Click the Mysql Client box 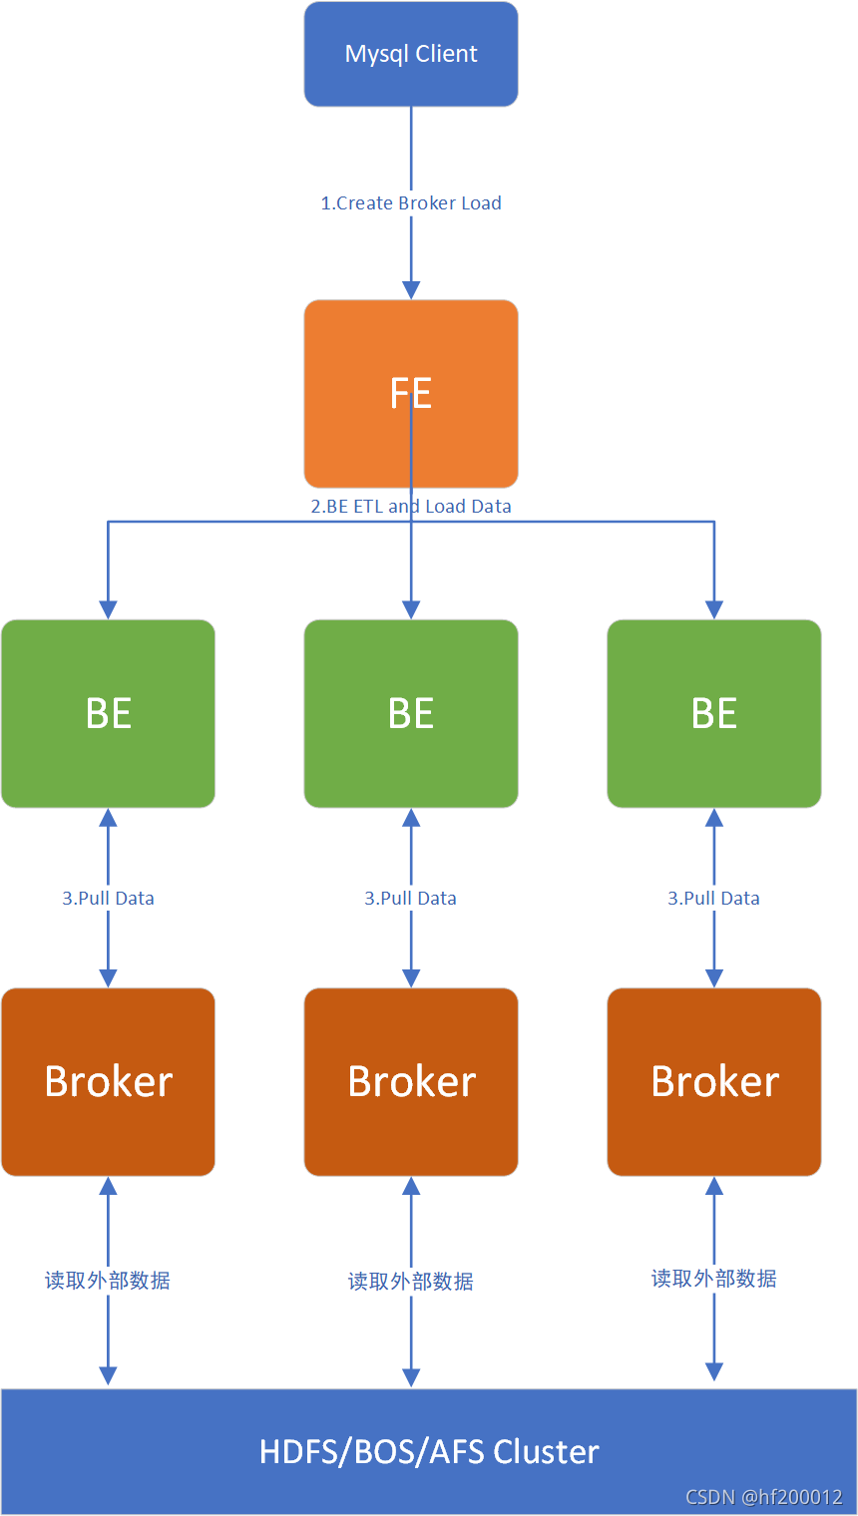411,54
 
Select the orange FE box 411,393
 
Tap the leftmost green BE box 108,713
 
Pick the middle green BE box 411,713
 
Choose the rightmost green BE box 714,713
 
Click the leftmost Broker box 108,1081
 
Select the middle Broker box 411,1081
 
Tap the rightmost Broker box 714,1081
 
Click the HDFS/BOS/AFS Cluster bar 429,1451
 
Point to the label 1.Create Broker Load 411,203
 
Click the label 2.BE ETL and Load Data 411,507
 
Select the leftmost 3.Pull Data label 108,899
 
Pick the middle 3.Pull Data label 411,899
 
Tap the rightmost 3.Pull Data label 714,899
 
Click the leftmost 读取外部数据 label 108,1281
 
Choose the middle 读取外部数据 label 411,1282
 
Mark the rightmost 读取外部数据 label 714,1279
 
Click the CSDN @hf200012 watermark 764,1497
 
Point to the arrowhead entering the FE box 411,289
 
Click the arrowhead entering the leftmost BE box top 108,609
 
